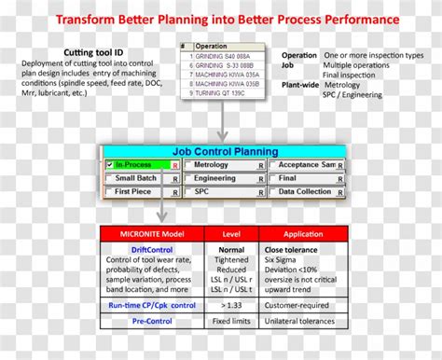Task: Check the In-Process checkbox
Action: (x=110, y=165)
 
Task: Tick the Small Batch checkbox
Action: (x=110, y=178)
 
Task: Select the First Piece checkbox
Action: (x=110, y=191)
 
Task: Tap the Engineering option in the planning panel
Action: (x=214, y=178)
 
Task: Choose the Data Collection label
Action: (x=304, y=191)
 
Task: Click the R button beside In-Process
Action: (x=174, y=166)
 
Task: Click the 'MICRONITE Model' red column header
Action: (x=145, y=233)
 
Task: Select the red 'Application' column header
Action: (x=304, y=233)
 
